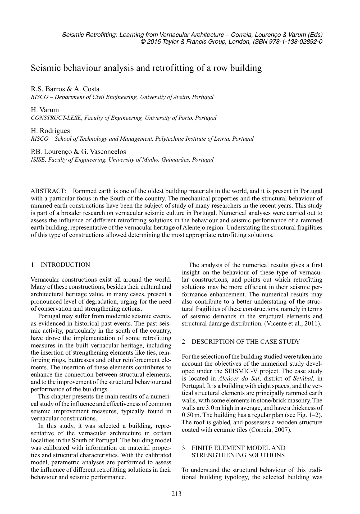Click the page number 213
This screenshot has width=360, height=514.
(176, 493)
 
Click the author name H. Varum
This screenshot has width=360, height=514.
(45, 110)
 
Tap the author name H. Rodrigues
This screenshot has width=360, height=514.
(51, 131)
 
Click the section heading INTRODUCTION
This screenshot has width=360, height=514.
(65, 265)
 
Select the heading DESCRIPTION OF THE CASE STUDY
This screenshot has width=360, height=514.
(246, 342)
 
